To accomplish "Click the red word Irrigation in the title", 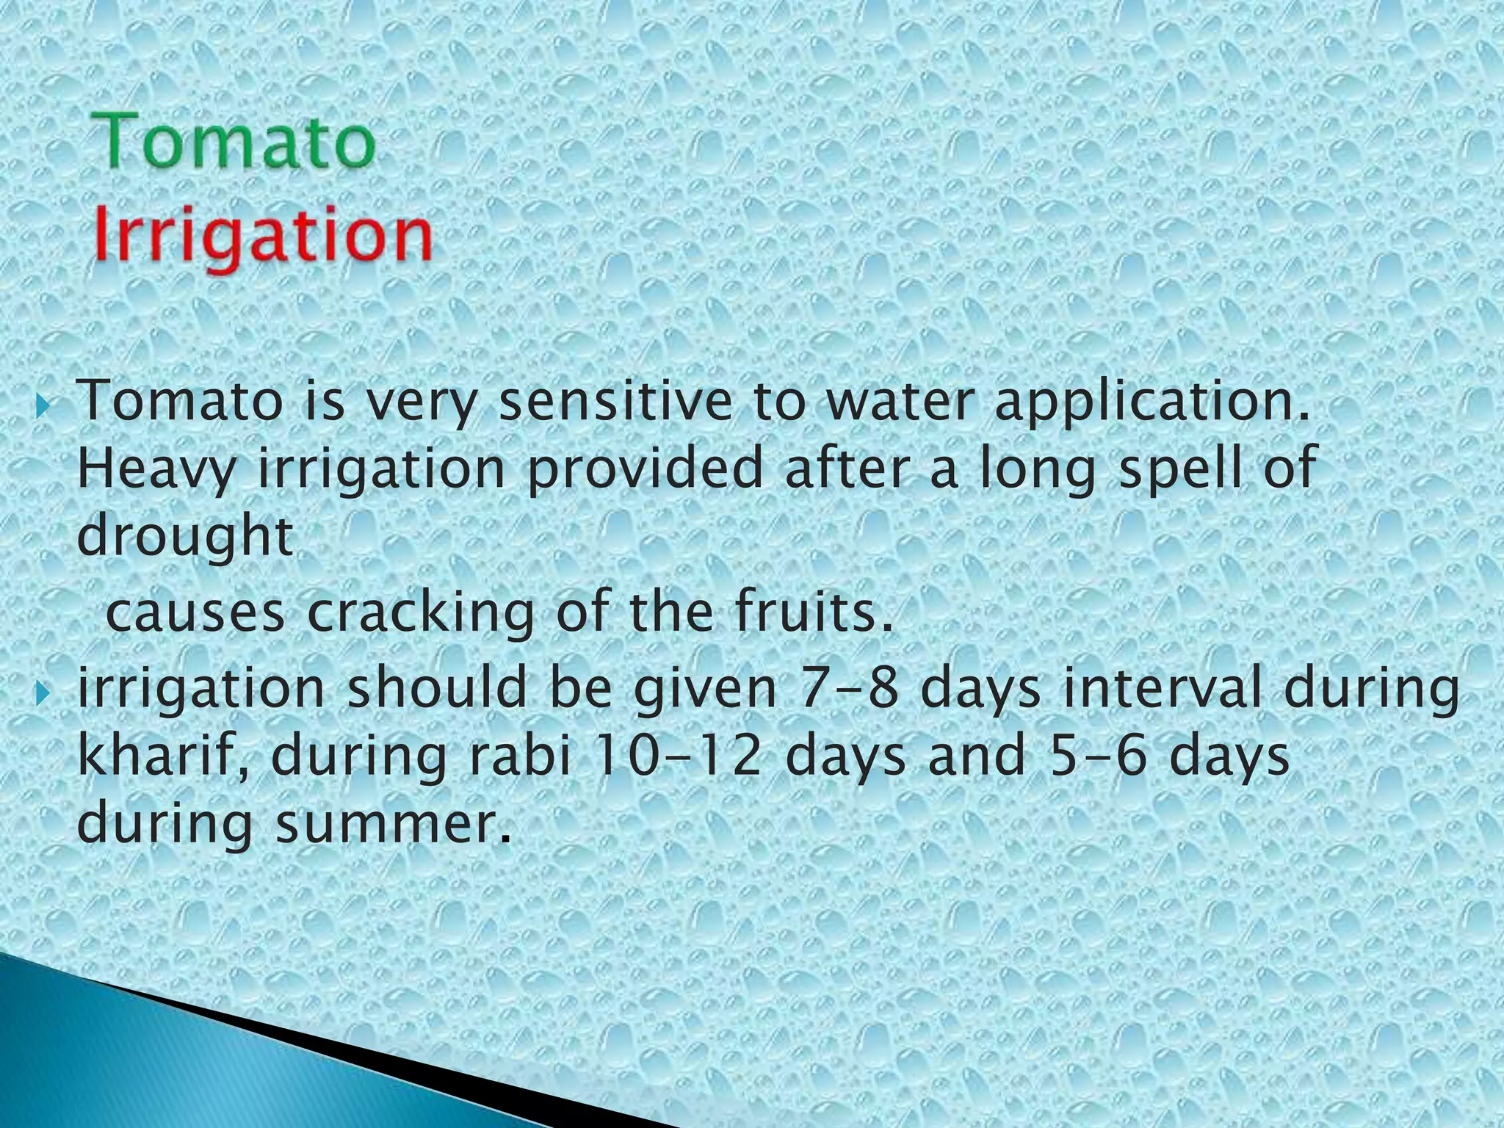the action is (x=263, y=234).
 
